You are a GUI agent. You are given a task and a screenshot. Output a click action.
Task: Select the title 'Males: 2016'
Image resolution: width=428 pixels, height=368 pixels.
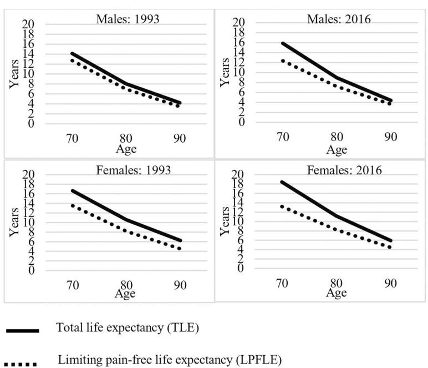[339, 18]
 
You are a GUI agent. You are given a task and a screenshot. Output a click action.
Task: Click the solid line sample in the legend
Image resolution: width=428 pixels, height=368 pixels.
[23, 331]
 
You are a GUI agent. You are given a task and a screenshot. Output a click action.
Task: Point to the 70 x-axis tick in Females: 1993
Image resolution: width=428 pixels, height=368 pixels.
[72, 285]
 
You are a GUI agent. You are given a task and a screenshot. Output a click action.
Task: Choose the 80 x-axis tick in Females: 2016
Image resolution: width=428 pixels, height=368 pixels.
[336, 284]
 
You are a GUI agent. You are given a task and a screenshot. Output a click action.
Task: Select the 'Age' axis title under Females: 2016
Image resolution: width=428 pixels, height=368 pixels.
[336, 292]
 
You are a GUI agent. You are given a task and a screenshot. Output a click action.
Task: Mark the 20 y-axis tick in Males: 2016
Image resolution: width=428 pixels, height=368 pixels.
[239, 23]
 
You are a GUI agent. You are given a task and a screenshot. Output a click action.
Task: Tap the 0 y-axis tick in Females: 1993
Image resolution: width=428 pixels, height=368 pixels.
[31, 270]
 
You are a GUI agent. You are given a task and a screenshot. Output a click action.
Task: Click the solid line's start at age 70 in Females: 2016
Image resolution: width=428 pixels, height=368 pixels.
[281, 182]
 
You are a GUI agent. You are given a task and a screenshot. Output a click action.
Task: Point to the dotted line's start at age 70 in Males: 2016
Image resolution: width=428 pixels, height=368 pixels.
[282, 60]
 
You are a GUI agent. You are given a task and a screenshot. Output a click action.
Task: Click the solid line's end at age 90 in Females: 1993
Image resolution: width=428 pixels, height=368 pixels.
[180, 241]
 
